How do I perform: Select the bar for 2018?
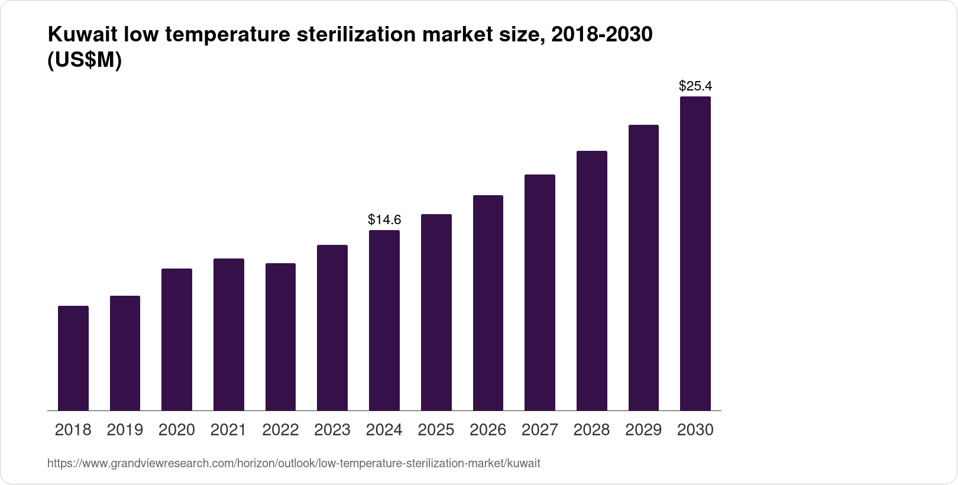click(x=73, y=358)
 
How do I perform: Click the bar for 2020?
click(x=177, y=339)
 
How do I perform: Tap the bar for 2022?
click(x=280, y=337)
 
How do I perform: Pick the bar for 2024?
click(x=384, y=321)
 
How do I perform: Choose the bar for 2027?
click(x=540, y=293)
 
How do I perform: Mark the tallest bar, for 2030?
click(x=695, y=254)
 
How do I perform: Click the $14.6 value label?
click(x=384, y=220)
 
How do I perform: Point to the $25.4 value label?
click(x=695, y=86)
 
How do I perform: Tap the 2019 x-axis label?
click(x=125, y=430)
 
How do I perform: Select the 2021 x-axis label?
click(x=228, y=430)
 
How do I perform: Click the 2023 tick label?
click(x=332, y=430)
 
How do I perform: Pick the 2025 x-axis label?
click(x=436, y=430)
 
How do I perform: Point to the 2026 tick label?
click(x=488, y=430)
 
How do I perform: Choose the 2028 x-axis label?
click(x=591, y=430)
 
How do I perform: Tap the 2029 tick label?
click(x=643, y=430)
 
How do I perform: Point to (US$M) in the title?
click(x=84, y=60)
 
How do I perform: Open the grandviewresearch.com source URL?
click(x=293, y=463)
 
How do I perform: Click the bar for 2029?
click(x=643, y=268)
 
